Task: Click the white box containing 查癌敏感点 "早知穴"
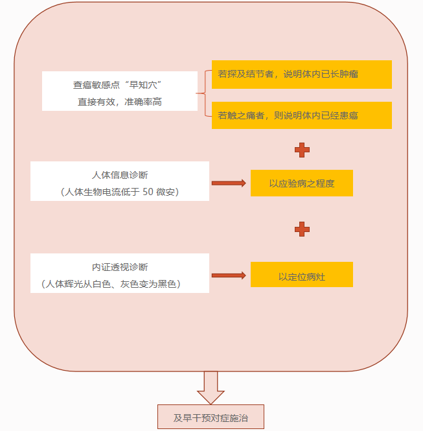[x=120, y=91]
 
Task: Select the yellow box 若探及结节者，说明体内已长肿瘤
[x=302, y=75]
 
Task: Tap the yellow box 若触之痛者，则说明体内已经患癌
[x=302, y=115]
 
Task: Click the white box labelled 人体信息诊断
[x=120, y=181]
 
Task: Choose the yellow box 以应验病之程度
[x=302, y=183]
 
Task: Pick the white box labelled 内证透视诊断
[x=120, y=274]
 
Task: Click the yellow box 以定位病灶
[x=302, y=275]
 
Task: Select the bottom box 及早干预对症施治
[x=211, y=417]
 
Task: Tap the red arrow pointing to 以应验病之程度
[x=229, y=183]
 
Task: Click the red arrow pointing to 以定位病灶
[x=229, y=275]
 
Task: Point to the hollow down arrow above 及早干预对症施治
[x=211, y=388]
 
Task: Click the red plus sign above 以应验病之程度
[x=302, y=150]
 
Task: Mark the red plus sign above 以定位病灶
[x=302, y=229]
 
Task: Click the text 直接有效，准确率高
[x=120, y=102]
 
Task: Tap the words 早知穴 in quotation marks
[x=145, y=85]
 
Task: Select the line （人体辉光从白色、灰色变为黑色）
[x=111, y=284]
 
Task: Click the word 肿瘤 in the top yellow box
[x=349, y=75]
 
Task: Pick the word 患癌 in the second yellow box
[x=349, y=115]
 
